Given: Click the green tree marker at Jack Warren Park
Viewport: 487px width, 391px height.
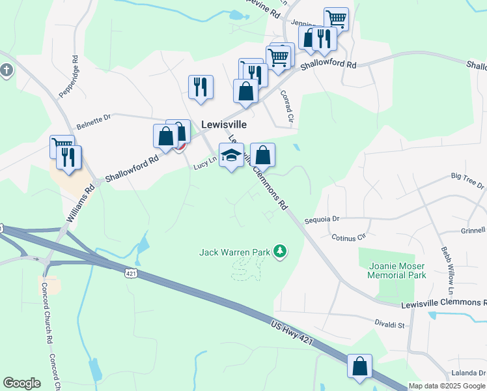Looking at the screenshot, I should tap(280, 251).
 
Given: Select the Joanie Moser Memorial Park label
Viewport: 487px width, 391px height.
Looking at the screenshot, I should tap(397, 270).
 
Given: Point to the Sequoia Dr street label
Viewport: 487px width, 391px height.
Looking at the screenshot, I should tap(336, 220).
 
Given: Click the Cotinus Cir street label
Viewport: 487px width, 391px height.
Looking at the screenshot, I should tap(350, 237).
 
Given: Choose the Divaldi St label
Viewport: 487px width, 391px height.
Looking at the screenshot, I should tap(390, 324).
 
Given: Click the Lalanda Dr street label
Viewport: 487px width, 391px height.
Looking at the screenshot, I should tap(468, 373).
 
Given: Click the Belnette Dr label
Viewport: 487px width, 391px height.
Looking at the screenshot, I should tap(94, 118).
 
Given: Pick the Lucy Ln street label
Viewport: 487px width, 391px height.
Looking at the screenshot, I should tap(204, 166).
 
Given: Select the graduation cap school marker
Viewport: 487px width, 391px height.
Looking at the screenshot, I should tap(232, 156).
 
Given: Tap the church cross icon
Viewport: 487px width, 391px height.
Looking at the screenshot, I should tap(7, 70).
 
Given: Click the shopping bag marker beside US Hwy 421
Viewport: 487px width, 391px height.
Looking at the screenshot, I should tap(359, 367).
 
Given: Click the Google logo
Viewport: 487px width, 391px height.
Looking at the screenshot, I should tap(21, 383).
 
